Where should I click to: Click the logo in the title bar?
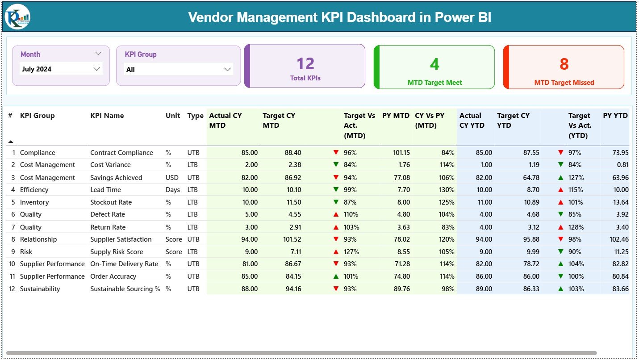tap(17, 17)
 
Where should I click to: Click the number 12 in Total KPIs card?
tap(305, 63)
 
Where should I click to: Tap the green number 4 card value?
tap(434, 64)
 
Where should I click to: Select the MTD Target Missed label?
tap(564, 82)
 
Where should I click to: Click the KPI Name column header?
tap(107, 115)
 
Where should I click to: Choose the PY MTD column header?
tap(396, 115)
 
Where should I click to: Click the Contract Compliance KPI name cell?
tap(121, 152)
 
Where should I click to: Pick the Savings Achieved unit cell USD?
tap(172, 177)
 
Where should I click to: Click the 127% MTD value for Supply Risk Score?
tap(351, 251)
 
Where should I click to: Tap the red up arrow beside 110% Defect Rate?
tap(336, 214)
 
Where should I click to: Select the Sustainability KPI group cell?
tap(40, 289)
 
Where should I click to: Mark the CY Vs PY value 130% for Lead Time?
tap(447, 189)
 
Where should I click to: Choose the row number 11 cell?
tap(13, 276)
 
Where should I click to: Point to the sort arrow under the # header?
tap(11, 142)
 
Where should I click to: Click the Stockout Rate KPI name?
tap(111, 202)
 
